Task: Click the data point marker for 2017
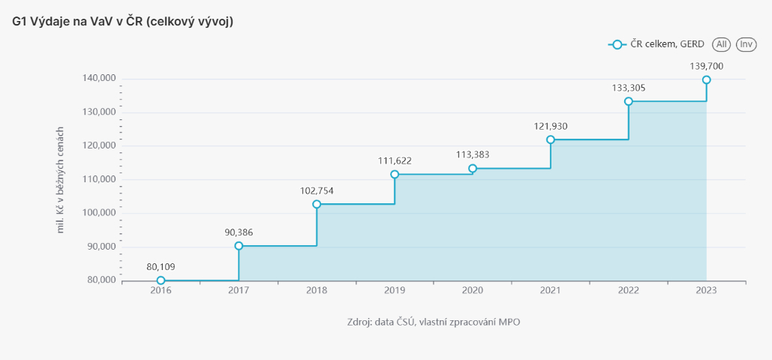pos(239,246)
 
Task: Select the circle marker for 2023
pos(706,80)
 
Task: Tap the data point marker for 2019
pos(395,175)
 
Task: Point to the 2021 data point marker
pos(551,139)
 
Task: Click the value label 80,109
pos(161,266)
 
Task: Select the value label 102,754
pos(317,190)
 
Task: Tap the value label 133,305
pos(629,88)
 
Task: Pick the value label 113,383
pos(473,154)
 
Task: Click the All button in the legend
pos(722,45)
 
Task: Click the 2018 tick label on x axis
pos(317,291)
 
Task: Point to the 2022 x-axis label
pos(629,291)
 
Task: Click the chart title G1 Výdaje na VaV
pos(123,22)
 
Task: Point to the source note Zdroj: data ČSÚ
pos(434,322)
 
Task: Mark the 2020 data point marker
pos(473,169)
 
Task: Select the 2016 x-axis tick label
pos(161,291)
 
